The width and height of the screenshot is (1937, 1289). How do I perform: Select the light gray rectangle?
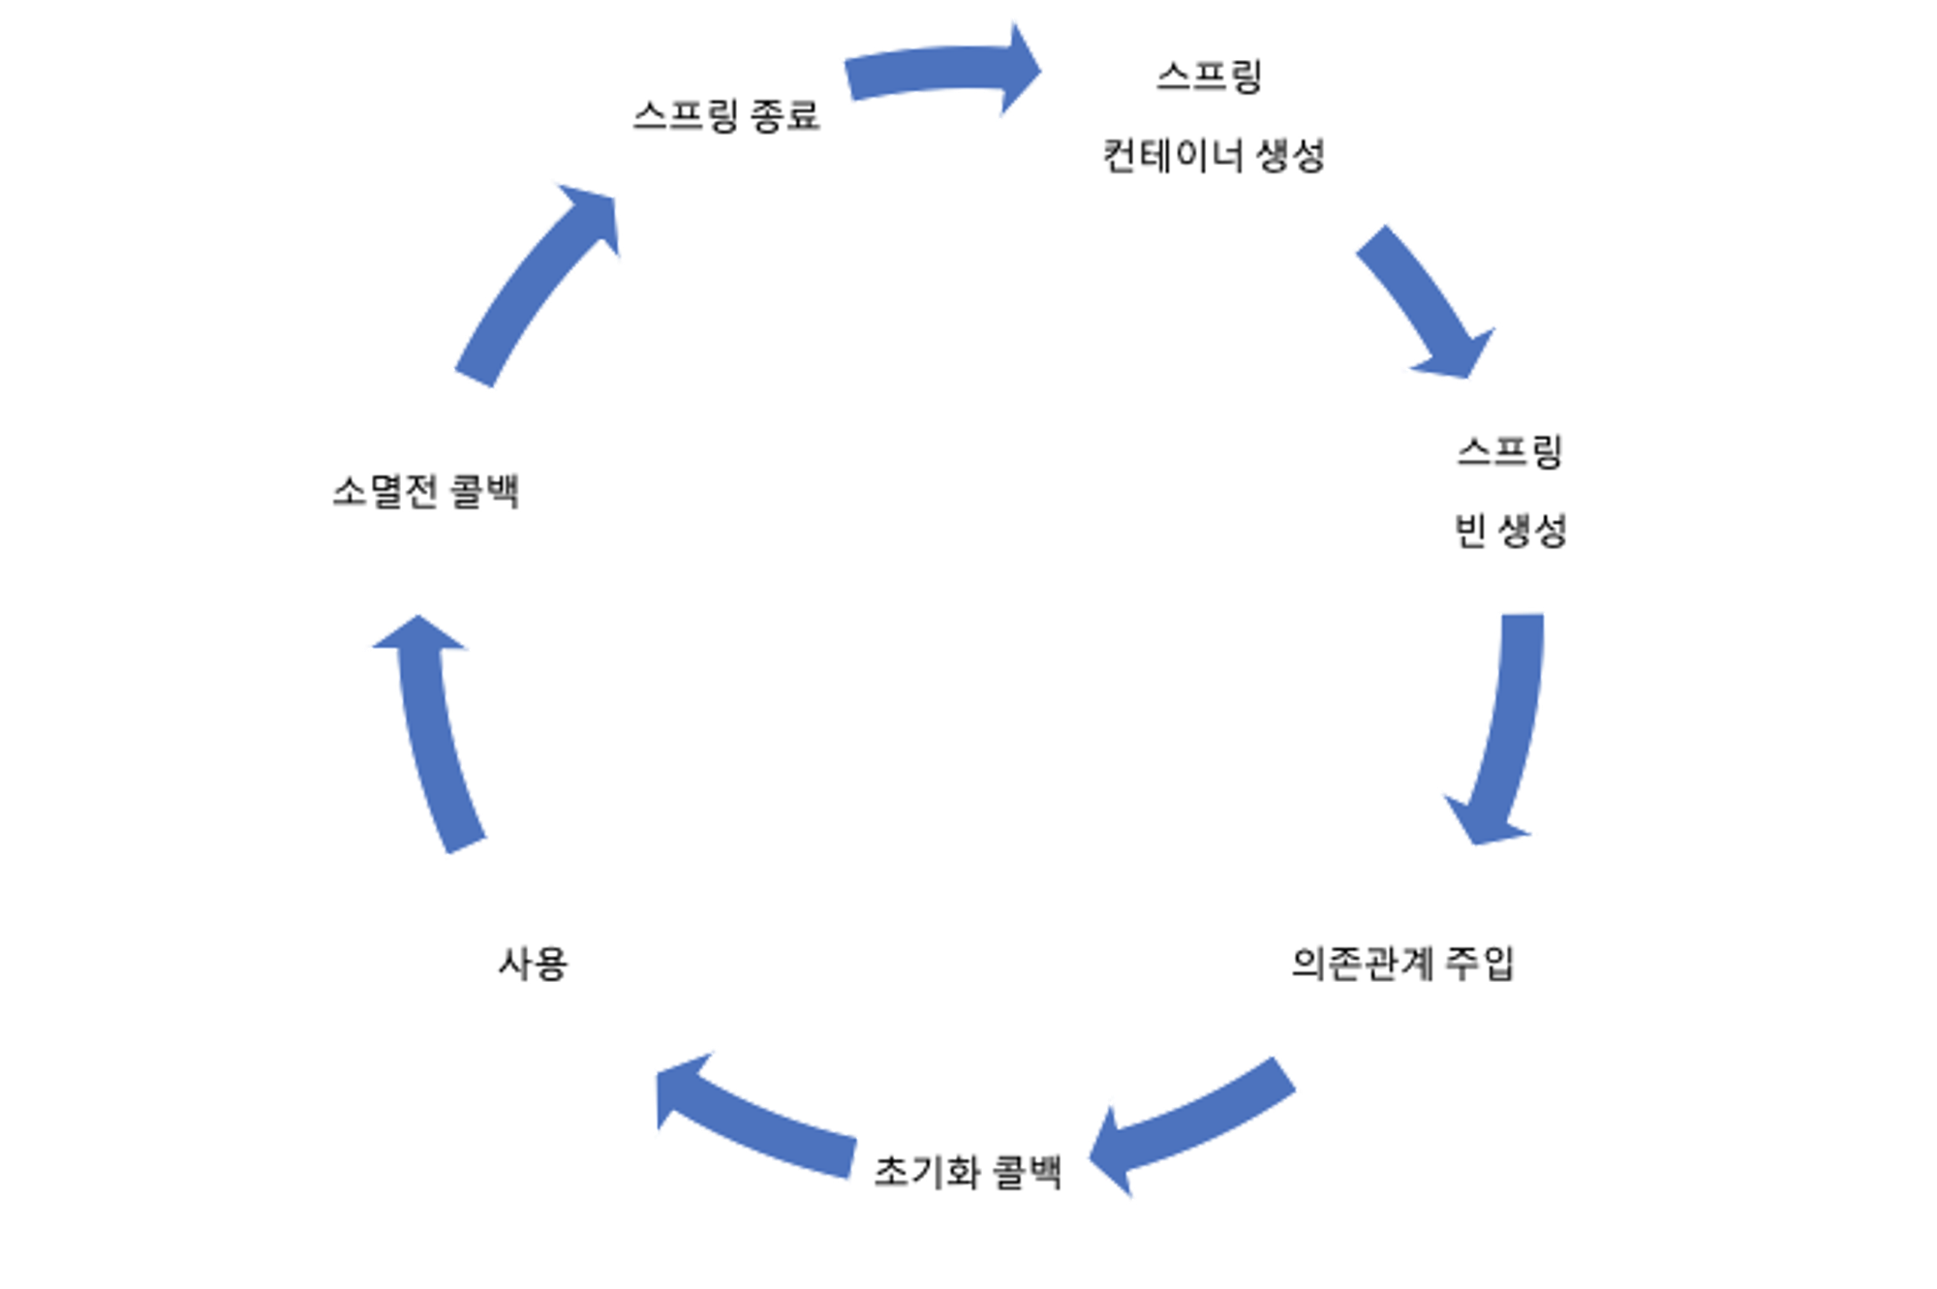[x=1738, y=770]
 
